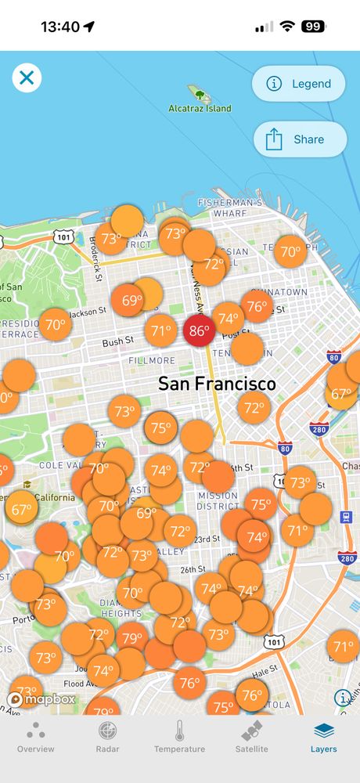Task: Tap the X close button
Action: pyautogui.click(x=27, y=78)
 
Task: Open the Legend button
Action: pyautogui.click(x=299, y=84)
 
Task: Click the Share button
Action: pyautogui.click(x=300, y=139)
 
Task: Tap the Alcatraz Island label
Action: pyautogui.click(x=200, y=109)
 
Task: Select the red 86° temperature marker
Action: pyautogui.click(x=199, y=330)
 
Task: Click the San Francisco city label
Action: pyautogui.click(x=217, y=384)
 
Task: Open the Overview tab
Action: pyautogui.click(x=36, y=738)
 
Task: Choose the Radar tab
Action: pyautogui.click(x=107, y=738)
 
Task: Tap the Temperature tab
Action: pyautogui.click(x=179, y=738)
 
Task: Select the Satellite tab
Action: pyautogui.click(x=251, y=738)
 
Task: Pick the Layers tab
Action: pyautogui.click(x=323, y=738)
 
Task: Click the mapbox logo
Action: pyautogui.click(x=42, y=699)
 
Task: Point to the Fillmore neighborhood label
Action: pyautogui.click(x=152, y=360)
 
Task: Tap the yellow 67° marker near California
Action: pyautogui.click(x=21, y=509)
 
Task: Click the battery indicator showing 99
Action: pyautogui.click(x=313, y=27)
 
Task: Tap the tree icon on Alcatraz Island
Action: pyautogui.click(x=200, y=95)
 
